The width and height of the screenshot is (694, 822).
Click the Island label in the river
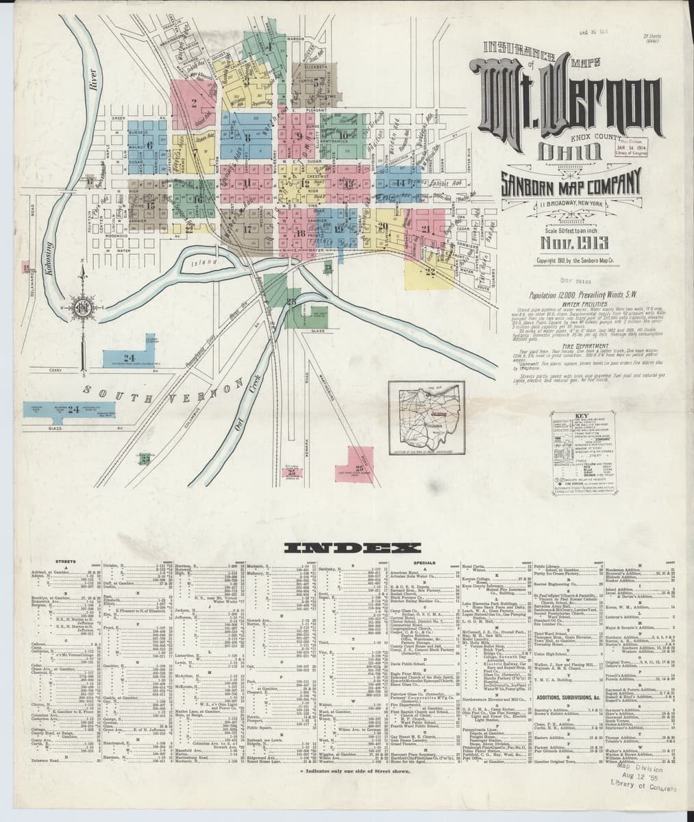click(203, 262)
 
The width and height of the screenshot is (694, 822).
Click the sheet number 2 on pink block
click(195, 105)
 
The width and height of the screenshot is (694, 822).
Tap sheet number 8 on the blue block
click(247, 137)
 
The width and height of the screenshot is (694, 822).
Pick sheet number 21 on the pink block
click(425, 229)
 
